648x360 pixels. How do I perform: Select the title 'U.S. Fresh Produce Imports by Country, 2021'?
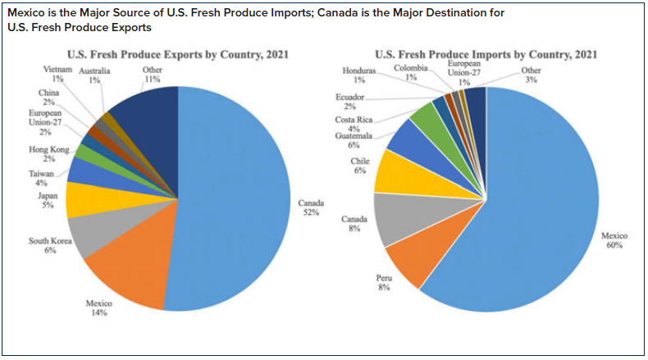[x=486, y=56]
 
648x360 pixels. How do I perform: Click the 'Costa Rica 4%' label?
[x=353, y=124]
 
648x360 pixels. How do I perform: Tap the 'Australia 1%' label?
[x=96, y=76]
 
